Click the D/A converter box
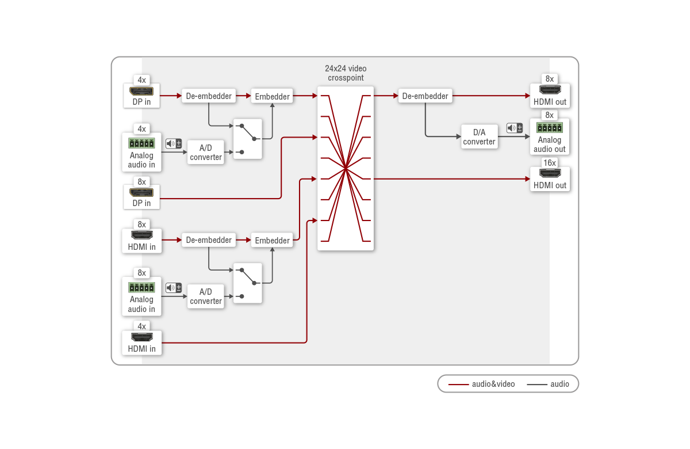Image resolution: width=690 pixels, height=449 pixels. click(x=480, y=136)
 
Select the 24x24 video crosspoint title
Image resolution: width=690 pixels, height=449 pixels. click(x=346, y=73)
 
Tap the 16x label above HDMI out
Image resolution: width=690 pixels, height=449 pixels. click(x=550, y=163)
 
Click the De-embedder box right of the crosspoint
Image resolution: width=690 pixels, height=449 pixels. click(x=425, y=96)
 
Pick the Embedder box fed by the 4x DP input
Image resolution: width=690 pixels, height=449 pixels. click(x=272, y=96)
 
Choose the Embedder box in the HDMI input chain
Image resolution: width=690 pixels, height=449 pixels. click(x=272, y=240)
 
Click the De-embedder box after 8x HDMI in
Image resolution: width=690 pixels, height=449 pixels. click(x=209, y=240)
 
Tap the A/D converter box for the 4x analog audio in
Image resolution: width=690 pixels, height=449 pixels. click(x=205, y=153)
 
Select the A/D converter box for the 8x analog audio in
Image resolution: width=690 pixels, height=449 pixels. click(x=205, y=296)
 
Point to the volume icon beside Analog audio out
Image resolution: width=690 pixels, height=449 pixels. click(x=515, y=128)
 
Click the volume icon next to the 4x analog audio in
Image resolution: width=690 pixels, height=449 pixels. click(x=174, y=143)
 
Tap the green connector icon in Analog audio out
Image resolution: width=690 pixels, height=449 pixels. click(x=550, y=128)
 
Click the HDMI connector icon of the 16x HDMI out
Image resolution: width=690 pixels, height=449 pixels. click(x=550, y=173)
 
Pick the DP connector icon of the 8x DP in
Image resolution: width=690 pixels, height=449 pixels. click(x=141, y=193)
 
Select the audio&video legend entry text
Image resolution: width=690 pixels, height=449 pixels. click(x=493, y=384)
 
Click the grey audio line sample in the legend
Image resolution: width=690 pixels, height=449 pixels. click(x=537, y=385)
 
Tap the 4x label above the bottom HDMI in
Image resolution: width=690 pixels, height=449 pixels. click(x=141, y=326)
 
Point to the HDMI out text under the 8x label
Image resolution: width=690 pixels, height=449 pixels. click(x=550, y=102)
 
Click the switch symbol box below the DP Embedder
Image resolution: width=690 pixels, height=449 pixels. click(x=248, y=139)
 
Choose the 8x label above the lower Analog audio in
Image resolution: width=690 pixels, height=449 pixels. click(x=141, y=273)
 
